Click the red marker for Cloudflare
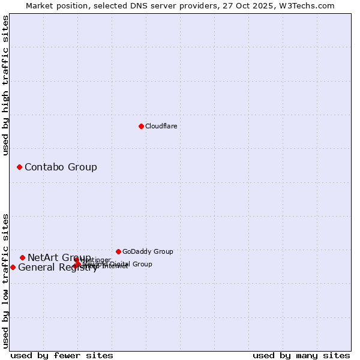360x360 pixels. (141, 126)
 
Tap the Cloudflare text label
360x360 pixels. (161, 126)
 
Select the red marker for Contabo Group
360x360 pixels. (19, 167)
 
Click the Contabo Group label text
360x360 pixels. (61, 167)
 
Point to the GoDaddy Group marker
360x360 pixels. (118, 251)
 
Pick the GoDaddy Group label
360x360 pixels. (148, 251)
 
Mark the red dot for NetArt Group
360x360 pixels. (22, 257)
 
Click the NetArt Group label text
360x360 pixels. (59, 257)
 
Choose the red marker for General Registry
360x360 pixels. (13, 267)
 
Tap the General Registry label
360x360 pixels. (58, 268)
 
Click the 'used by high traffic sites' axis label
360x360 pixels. (6, 85)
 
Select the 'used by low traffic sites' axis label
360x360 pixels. (6, 281)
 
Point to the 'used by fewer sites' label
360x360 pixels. (62, 355)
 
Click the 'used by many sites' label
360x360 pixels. (301, 355)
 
